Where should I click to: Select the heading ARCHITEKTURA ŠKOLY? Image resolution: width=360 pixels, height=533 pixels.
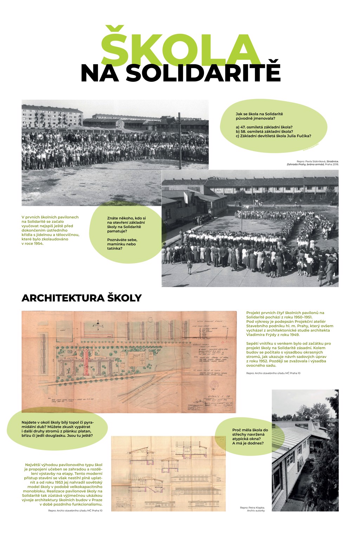[x=81, y=298]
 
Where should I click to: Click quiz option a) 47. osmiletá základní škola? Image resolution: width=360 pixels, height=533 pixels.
[x=264, y=127]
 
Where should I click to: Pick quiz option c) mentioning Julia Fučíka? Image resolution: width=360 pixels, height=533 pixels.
[x=273, y=136]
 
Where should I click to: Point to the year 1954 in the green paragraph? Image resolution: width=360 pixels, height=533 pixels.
[x=37, y=243]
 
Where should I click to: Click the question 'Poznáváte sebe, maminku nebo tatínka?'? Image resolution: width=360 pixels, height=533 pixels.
[x=121, y=244]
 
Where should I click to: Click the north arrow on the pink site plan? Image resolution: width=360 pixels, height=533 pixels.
[x=98, y=324]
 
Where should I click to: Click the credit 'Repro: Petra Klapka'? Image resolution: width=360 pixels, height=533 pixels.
[x=252, y=507]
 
